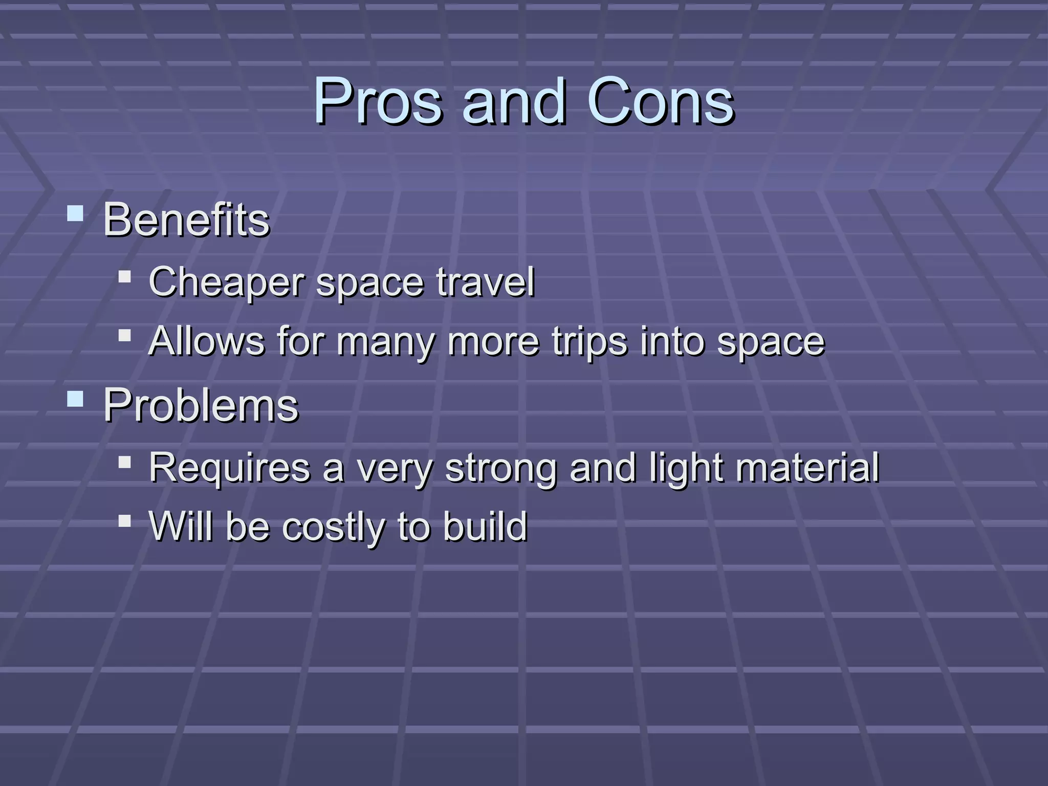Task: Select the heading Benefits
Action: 186,220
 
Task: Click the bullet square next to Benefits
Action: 75,213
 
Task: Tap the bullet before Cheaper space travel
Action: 124,277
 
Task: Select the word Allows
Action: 207,341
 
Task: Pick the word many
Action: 385,342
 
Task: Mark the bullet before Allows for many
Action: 124,336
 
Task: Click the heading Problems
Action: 201,405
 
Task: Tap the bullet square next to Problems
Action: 75,398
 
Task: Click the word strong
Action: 500,469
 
